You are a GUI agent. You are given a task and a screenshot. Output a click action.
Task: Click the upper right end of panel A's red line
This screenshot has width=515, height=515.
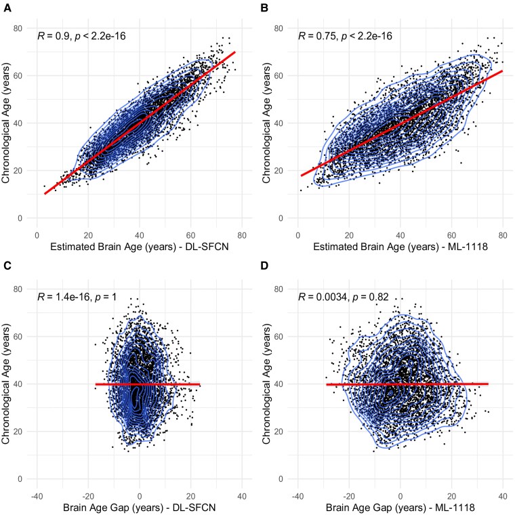(x=235, y=52)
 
